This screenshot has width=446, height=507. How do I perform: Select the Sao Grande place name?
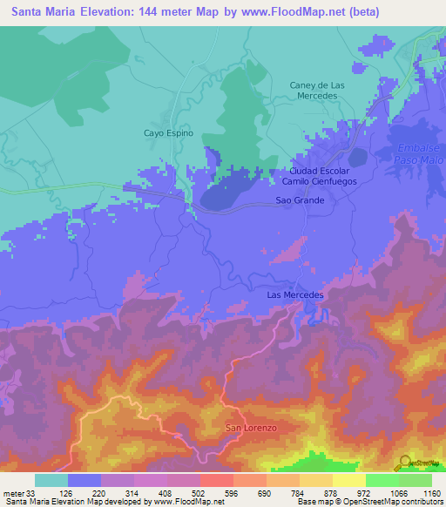[x=300, y=200]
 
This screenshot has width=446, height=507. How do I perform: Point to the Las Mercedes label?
[x=294, y=295]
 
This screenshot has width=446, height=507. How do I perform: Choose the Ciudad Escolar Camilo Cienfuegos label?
[x=317, y=177]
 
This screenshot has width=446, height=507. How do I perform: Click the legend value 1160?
[x=430, y=493]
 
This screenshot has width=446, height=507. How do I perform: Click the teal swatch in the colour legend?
[x=51, y=480]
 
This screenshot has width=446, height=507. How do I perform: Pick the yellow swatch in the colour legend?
[x=349, y=480]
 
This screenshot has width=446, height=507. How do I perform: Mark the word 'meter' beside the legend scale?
[x=13, y=493]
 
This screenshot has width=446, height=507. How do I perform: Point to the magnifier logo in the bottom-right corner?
[x=405, y=462]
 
